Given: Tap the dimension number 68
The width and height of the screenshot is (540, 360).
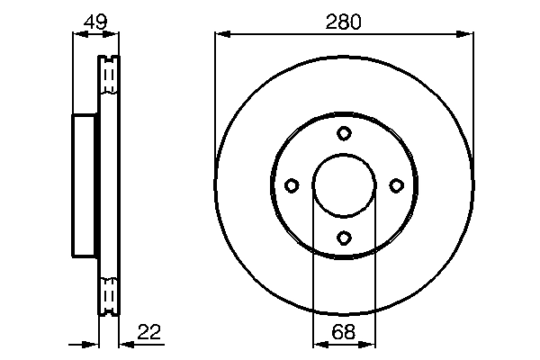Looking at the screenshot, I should click(343, 333).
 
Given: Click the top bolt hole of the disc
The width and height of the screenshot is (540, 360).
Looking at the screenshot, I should click(344, 134).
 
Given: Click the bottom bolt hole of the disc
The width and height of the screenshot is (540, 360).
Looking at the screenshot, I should click(344, 238).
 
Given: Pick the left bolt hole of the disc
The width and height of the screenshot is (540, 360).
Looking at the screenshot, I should click(292, 185).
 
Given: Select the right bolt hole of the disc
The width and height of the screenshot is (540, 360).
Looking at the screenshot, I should click(396, 185).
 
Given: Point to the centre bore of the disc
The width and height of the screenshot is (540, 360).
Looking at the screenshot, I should click(344, 185).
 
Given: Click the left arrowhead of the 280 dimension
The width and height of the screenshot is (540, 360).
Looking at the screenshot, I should click(221, 34).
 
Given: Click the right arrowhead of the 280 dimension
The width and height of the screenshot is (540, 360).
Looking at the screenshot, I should click(466, 34).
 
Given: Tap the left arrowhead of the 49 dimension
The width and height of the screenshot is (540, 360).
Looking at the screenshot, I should click(77, 34).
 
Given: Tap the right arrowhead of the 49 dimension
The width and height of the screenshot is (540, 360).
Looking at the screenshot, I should click(112, 34).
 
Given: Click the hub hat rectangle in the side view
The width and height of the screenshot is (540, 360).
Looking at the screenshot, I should click(85, 185).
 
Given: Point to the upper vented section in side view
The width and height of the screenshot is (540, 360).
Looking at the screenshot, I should click(108, 76).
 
